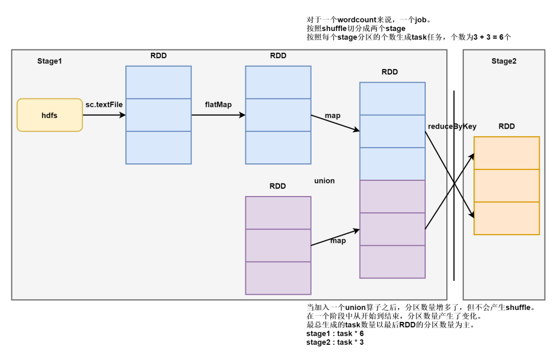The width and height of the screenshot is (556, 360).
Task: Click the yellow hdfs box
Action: click(49, 115)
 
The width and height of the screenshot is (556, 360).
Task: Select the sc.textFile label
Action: click(104, 104)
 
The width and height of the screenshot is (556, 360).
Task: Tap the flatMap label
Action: click(218, 104)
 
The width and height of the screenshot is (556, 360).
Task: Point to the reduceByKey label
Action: click(452, 127)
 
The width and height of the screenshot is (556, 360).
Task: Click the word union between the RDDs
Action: click(324, 181)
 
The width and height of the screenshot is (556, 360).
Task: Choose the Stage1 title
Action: click(49, 61)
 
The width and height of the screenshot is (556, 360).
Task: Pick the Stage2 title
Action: click(504, 61)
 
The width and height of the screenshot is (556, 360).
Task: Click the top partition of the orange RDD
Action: click(507, 153)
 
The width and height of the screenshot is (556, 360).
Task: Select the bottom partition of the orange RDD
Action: click(507, 218)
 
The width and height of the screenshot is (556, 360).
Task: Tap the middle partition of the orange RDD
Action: click(507, 186)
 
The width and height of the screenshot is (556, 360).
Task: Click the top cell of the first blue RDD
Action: click(159, 83)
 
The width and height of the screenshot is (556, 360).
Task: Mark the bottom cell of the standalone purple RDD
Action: click(278, 278)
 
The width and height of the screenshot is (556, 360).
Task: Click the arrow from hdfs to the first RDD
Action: click(104, 115)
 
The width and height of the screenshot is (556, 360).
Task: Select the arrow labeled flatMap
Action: click(218, 115)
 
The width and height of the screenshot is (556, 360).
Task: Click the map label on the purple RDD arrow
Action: click(338, 241)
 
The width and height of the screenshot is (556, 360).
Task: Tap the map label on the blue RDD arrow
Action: click(332, 116)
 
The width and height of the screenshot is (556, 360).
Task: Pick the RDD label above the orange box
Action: click(507, 127)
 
